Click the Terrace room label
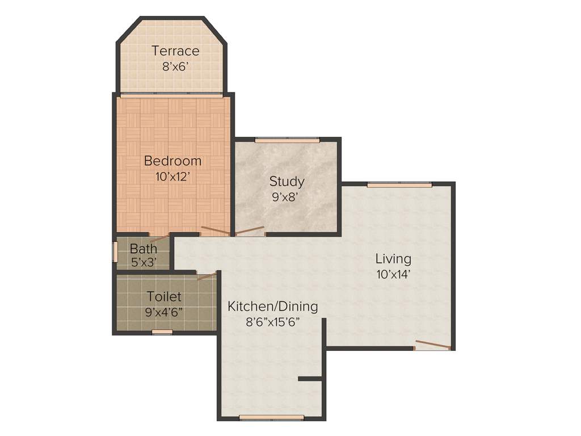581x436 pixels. coord(175,51)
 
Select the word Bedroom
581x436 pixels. coord(172,161)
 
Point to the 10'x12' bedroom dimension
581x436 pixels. coord(172,176)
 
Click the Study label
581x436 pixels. coord(287,182)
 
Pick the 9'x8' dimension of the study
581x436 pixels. coord(285,197)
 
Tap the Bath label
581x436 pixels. coord(144,249)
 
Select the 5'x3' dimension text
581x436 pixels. coord(143,262)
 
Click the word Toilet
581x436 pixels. coord(164,296)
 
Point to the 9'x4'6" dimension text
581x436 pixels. coord(164,312)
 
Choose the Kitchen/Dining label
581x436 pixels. coord(272,307)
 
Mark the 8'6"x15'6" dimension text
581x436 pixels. coord(272,322)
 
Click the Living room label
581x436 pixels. coord(393,259)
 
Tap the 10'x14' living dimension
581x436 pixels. coord(393,274)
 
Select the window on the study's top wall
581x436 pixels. coord(287,140)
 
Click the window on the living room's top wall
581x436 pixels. coord(399,185)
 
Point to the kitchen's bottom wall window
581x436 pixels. coord(271,418)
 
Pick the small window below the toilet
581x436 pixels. coord(163,333)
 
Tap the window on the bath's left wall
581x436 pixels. coord(115,252)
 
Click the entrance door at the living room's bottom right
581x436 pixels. coord(432,345)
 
